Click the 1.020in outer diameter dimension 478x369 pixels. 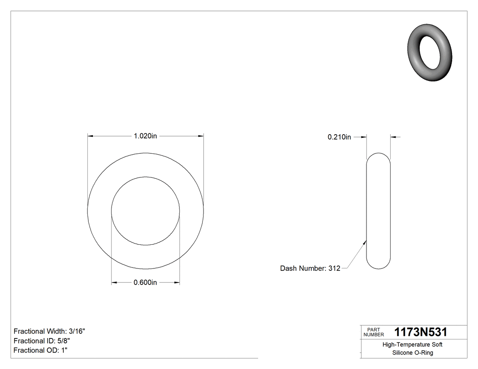click(145, 136)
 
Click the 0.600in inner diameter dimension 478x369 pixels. click(145, 283)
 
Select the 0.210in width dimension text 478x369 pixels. click(339, 136)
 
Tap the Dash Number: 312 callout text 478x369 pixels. click(310, 268)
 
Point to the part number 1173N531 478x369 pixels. click(421, 332)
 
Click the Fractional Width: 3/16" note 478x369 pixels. click(50, 331)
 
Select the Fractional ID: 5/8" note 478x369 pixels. click(42, 341)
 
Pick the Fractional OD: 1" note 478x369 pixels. click(41, 350)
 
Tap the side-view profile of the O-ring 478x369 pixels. click(378, 211)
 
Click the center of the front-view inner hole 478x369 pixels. click(146, 210)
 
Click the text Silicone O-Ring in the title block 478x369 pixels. click(413, 353)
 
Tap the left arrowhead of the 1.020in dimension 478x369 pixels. click(90, 136)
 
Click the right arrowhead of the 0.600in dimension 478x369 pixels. click(177, 283)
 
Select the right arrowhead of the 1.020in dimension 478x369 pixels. click(201, 136)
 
